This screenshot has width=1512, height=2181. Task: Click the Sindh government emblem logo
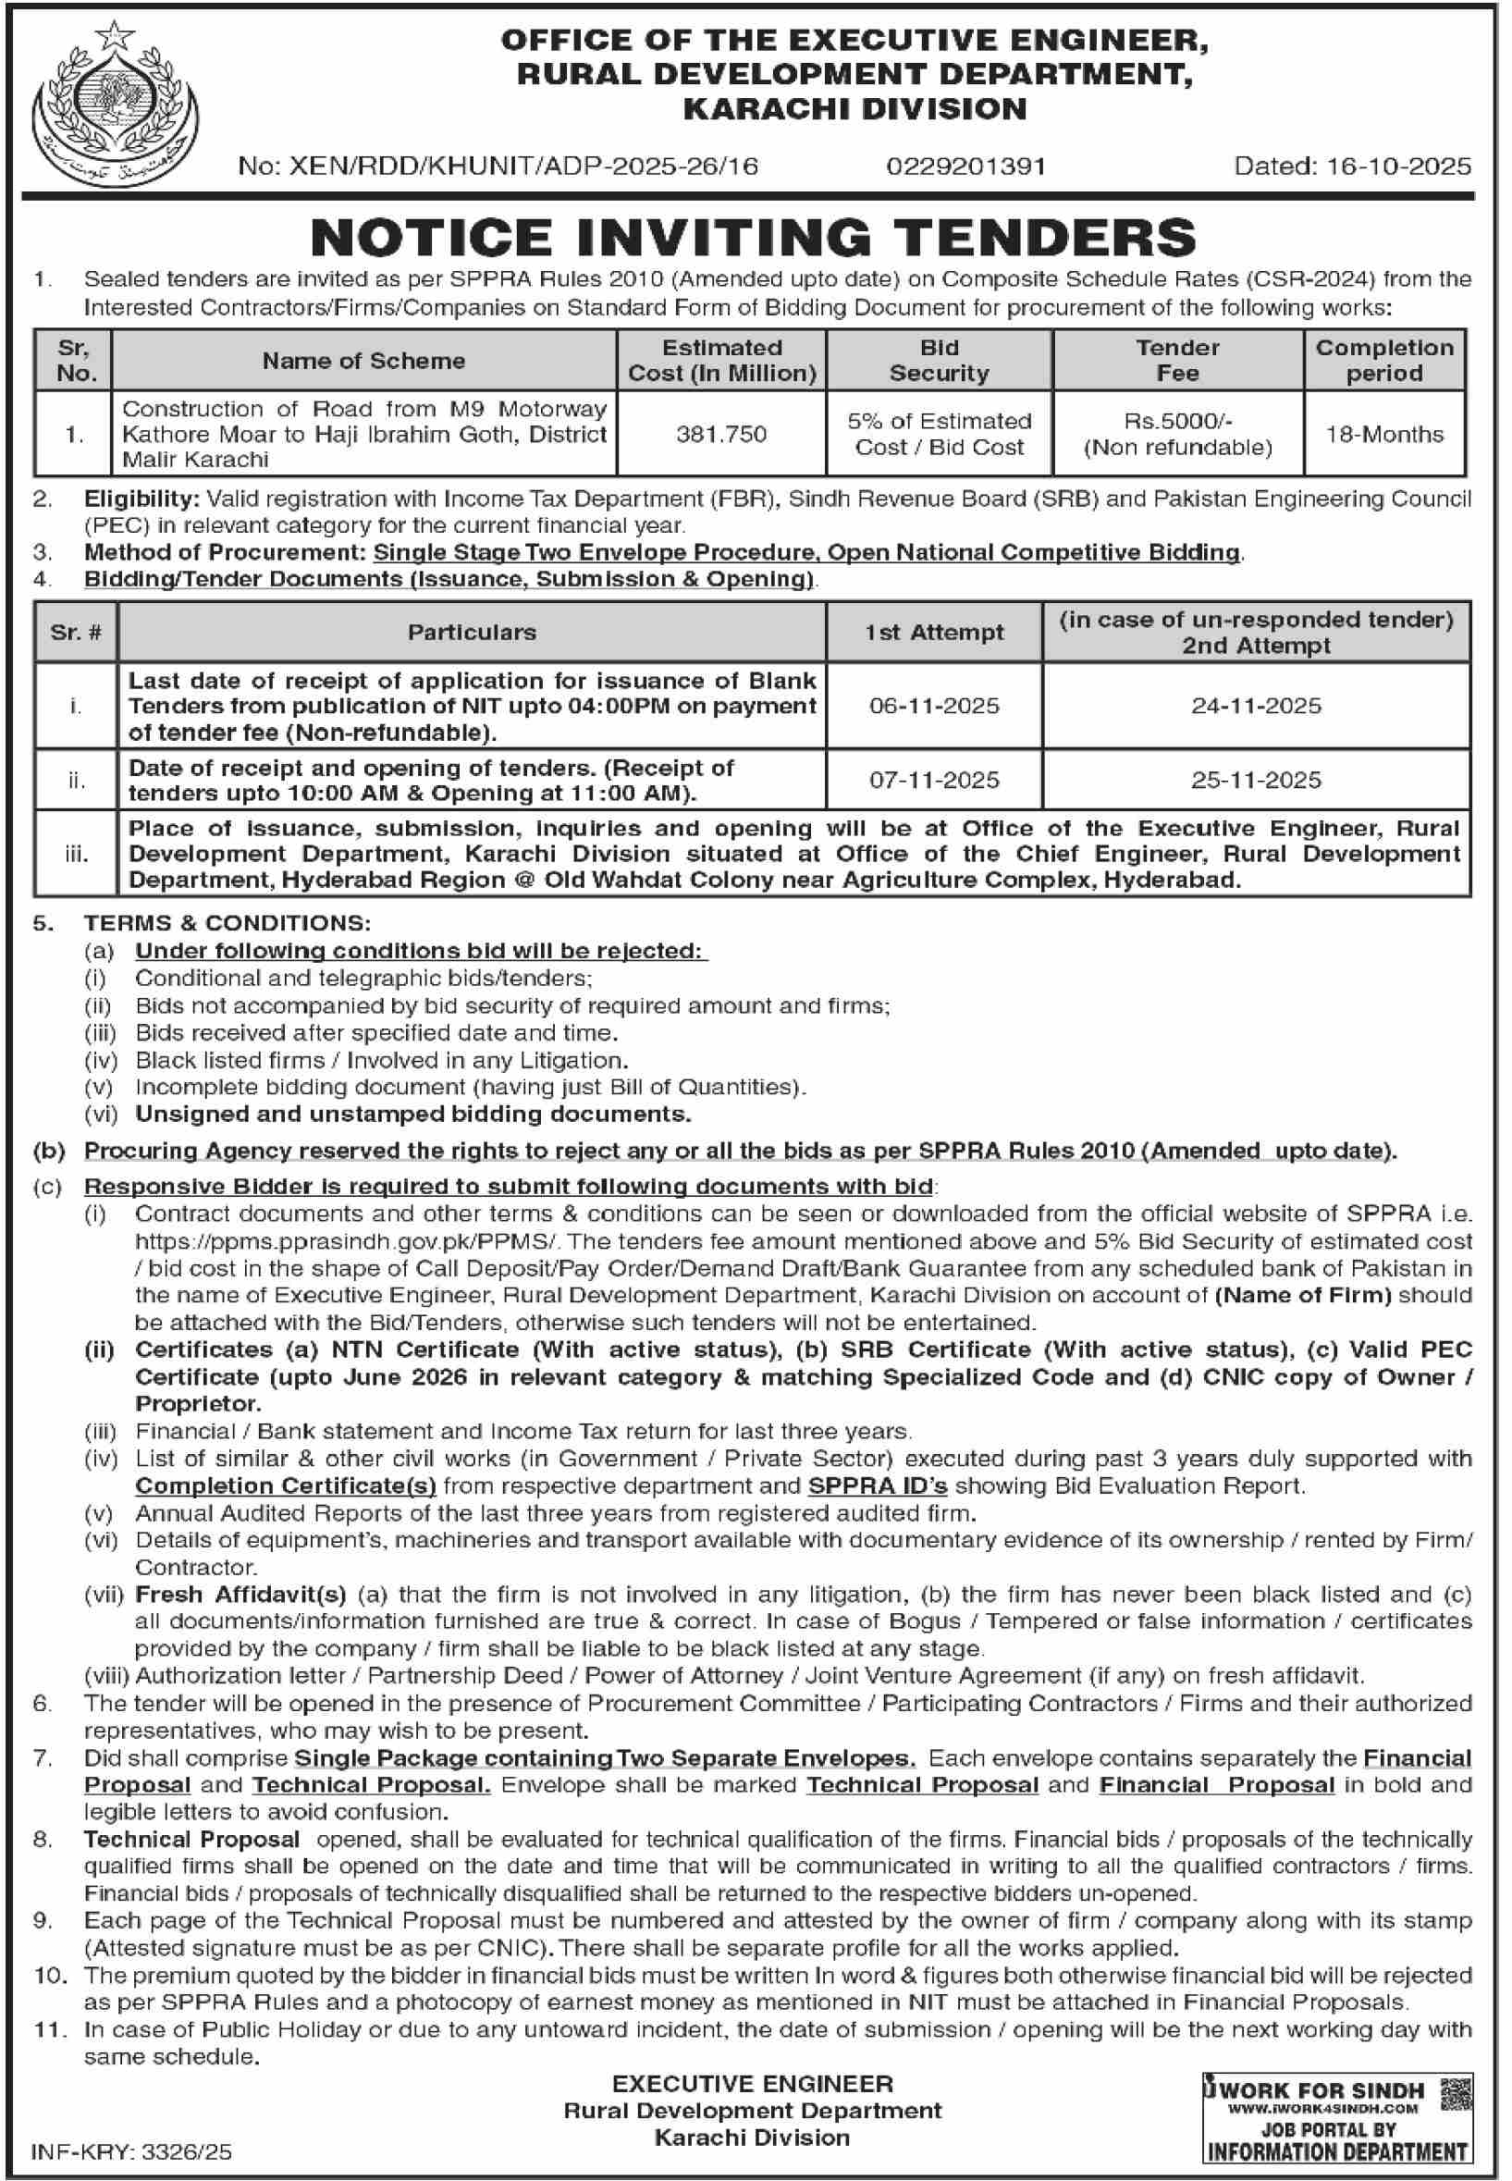115,105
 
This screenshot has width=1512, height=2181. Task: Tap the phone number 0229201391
966,166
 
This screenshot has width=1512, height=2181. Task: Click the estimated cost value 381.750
721,435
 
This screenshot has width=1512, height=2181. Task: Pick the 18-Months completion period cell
1384,435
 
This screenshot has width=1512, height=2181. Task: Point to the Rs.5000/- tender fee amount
1177,422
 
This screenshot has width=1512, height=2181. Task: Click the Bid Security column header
938,360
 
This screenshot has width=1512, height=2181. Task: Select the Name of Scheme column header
363,361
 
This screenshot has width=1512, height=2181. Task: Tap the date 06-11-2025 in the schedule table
934,706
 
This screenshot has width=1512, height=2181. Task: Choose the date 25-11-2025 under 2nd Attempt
1256,780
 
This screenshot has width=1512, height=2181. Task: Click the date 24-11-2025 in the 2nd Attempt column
1256,706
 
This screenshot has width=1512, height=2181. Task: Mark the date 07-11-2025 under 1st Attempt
934,780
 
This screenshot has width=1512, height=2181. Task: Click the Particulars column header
472,632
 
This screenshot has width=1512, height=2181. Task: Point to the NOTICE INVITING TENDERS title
753,237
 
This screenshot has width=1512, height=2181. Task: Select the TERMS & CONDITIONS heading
227,923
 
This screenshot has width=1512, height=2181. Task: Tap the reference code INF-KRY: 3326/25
131,2151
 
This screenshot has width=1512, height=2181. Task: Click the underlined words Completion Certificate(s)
285,1485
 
